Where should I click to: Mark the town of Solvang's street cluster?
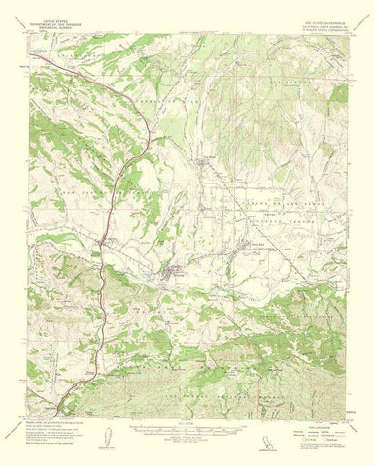176,274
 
